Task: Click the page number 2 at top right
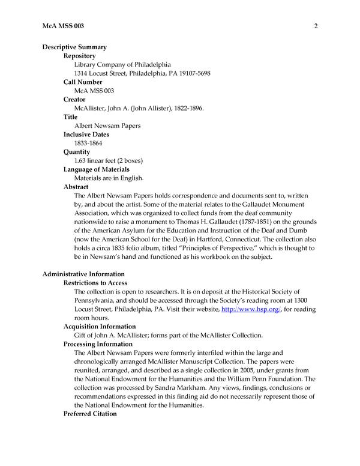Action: click(315, 26)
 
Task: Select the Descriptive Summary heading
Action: click(74, 47)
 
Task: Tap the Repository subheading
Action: click(80, 55)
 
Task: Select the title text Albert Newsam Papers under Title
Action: click(107, 126)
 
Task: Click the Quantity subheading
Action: click(77, 152)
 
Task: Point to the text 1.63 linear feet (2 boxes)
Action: click(109, 161)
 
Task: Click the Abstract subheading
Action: click(76, 187)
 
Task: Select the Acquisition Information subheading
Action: click(100, 326)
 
